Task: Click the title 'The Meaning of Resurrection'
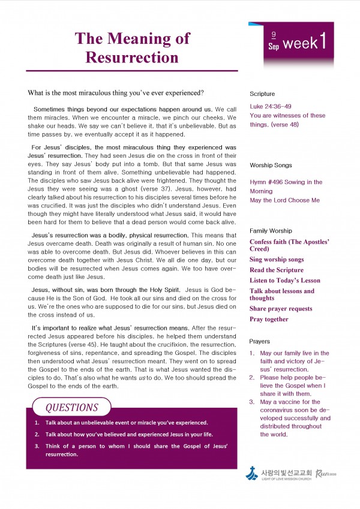pyautogui.click(x=132, y=48)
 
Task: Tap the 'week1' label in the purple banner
pyautogui.click(x=305, y=43)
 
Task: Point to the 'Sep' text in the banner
pyautogui.click(x=274, y=46)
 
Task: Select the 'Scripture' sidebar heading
pyautogui.click(x=262, y=94)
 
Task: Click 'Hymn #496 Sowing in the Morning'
pyautogui.click(x=286, y=186)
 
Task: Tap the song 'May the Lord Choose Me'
pyautogui.click(x=284, y=200)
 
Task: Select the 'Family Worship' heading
pyautogui.click(x=271, y=230)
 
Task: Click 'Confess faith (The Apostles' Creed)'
pyautogui.click(x=289, y=245)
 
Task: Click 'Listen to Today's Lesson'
pyautogui.click(x=285, y=281)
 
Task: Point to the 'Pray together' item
pyautogui.click(x=269, y=320)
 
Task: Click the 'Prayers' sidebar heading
pyautogui.click(x=261, y=341)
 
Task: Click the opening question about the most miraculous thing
pyautogui.click(x=116, y=93)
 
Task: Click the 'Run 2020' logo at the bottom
pyautogui.click(x=326, y=474)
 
